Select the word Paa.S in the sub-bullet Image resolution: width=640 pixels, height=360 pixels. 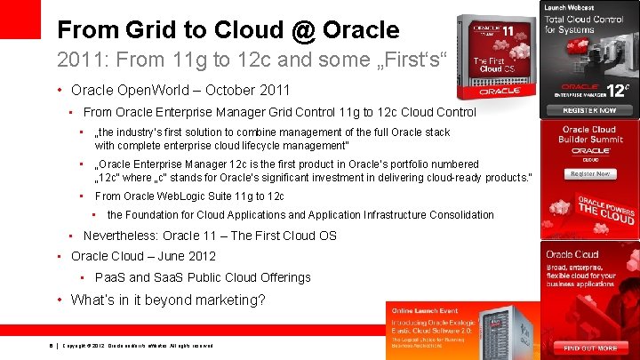click(109, 277)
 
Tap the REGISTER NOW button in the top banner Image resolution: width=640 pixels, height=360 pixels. click(588, 110)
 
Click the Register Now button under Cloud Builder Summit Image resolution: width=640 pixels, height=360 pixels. click(588, 174)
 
